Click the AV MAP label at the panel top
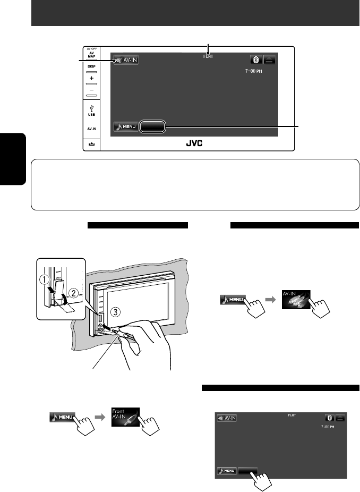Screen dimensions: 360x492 coord(91,55)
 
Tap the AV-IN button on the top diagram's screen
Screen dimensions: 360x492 coord(126,60)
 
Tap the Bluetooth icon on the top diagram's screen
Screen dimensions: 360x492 coord(255,60)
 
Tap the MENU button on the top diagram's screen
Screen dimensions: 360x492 coord(126,127)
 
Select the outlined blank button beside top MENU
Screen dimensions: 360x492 coord(153,127)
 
